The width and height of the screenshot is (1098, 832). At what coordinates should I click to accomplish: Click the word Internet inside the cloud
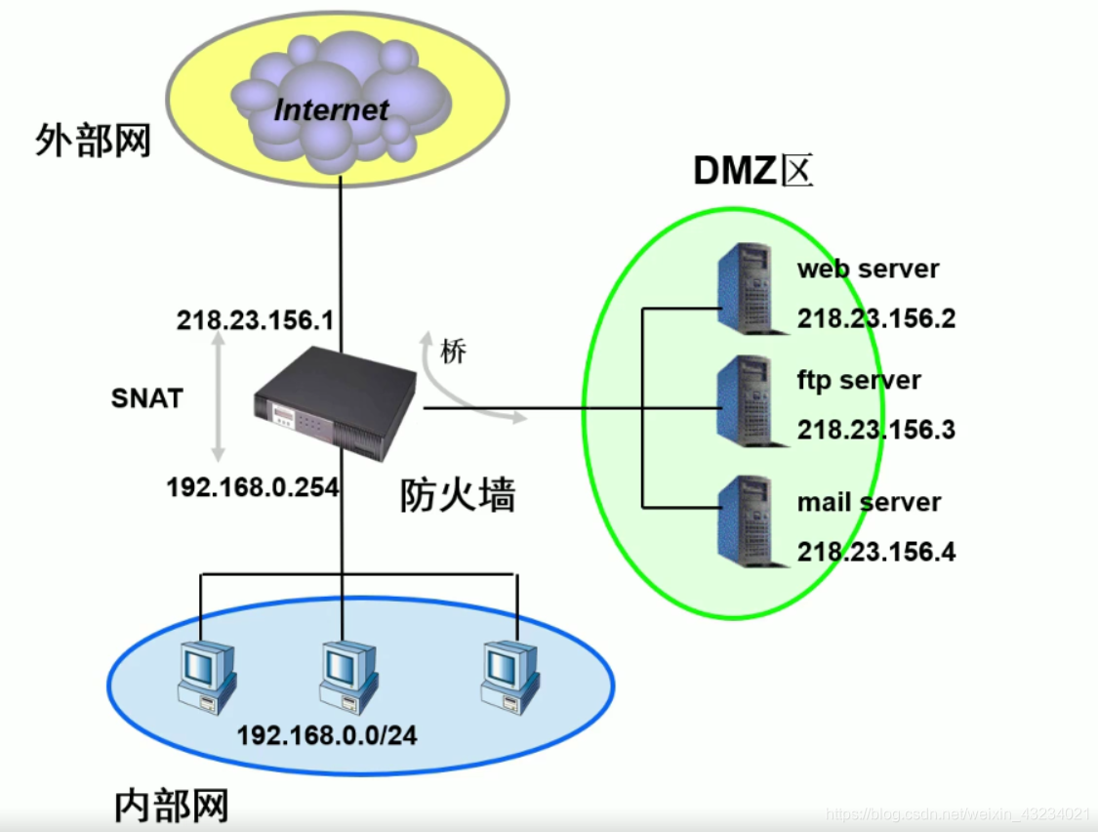coord(332,108)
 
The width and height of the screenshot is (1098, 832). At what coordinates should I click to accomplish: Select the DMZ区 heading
coord(752,171)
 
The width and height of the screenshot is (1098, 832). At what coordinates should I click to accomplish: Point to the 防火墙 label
coord(457,496)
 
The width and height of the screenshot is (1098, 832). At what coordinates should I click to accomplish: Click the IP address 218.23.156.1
coord(255,320)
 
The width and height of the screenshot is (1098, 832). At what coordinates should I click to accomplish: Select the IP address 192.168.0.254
coord(253,486)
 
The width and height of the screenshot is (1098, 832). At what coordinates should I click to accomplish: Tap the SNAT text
coord(147,397)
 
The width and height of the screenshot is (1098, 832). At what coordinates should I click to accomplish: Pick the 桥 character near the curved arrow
coord(453,353)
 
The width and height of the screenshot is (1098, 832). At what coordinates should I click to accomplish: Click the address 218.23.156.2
coord(875,319)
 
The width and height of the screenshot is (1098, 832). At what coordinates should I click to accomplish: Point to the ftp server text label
coord(859,379)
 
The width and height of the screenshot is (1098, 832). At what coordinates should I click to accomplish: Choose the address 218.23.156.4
coord(875,552)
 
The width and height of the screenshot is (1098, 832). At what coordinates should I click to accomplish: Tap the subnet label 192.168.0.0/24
coord(327,735)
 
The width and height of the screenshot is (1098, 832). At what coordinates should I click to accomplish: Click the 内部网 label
coord(172,806)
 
